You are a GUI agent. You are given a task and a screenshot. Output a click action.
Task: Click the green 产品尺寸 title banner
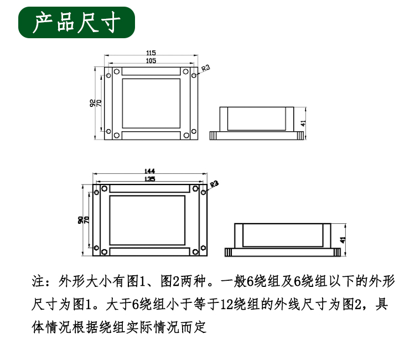tap(76, 22)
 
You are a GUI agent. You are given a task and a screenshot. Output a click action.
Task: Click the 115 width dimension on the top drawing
tap(151, 53)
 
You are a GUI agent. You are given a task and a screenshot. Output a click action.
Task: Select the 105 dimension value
tap(151, 61)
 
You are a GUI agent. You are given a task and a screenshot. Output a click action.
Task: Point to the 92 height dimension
tap(92, 103)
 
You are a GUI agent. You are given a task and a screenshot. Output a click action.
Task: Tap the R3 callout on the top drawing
tap(205, 68)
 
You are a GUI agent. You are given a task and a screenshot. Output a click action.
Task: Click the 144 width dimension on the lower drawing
tap(149, 171)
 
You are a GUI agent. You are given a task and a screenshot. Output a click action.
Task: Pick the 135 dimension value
tap(149, 179)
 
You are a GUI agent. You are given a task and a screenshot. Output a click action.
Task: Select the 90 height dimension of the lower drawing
tap(80, 220)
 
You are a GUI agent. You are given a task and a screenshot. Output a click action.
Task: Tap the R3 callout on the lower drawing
tap(214, 184)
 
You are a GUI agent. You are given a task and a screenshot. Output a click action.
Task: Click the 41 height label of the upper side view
tap(303, 123)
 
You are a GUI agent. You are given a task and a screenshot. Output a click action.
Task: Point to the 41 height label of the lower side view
tap(343, 240)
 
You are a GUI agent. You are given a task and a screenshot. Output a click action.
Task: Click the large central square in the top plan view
tap(151, 104)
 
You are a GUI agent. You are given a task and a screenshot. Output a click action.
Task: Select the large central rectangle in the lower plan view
tap(147, 220)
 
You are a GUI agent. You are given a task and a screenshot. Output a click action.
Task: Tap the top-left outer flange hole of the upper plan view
tap(108, 75)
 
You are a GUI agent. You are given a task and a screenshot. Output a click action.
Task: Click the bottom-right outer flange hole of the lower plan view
tap(203, 248)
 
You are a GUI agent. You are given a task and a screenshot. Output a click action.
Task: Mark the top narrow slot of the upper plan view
tap(151, 71)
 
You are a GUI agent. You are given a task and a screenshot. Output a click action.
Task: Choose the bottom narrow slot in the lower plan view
tap(150, 251)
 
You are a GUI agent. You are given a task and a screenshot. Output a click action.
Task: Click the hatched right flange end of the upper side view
tap(300, 136)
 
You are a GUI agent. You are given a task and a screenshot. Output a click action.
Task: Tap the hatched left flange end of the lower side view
tap(228, 252)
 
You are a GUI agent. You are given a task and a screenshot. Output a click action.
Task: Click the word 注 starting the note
tap(38, 281)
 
